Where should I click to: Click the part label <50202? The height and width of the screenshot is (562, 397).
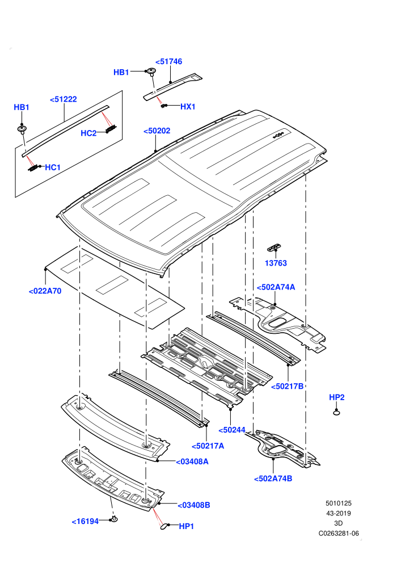pos(157,131)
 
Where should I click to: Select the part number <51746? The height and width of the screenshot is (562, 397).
pos(168,62)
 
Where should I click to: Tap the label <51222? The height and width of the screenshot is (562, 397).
pos(64,99)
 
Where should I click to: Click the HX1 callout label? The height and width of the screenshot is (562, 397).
pos(188,107)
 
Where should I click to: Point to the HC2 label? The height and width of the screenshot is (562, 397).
pos(88,133)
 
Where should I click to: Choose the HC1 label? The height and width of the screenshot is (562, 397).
pos(53,167)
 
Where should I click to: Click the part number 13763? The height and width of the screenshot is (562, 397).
pos(276,263)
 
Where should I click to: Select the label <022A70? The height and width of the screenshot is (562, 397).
pos(45,291)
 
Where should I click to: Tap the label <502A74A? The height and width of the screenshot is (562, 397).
pos(276,287)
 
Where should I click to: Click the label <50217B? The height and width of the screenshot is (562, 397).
pos(287,387)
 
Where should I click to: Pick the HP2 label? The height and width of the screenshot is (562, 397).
pos(336,397)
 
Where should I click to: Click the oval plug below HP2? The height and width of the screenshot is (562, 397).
pos(336,413)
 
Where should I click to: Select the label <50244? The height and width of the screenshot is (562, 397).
pos(232,430)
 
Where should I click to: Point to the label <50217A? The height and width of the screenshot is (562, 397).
pos(208,446)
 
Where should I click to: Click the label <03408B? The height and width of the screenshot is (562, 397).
pos(194,505)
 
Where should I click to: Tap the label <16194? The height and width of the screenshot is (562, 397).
pos(85,522)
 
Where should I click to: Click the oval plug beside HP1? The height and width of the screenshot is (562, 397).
pos(163,526)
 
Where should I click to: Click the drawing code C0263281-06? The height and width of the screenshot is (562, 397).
pos(339,534)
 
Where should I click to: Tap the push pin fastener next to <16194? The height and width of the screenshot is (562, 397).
pos(114,519)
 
